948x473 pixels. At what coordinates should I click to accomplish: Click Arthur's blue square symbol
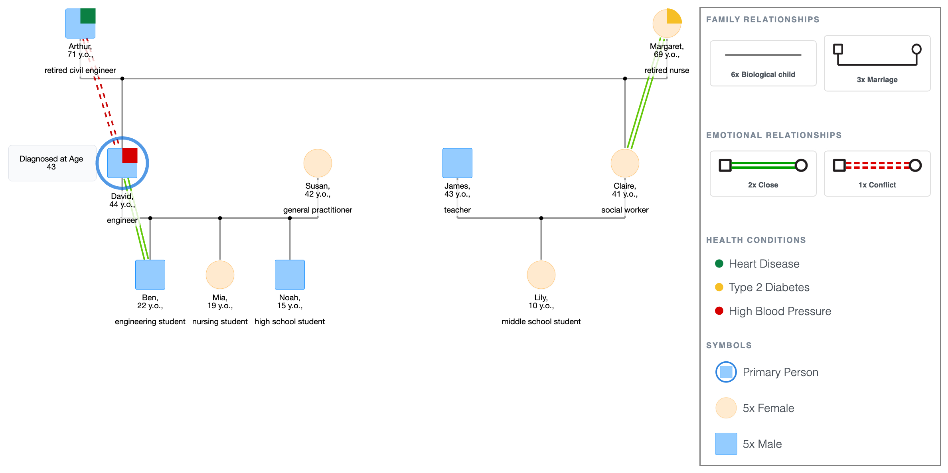pyautogui.click(x=80, y=24)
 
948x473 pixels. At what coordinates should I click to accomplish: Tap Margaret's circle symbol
pyautogui.click(x=667, y=24)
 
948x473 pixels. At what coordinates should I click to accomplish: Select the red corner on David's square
pyautogui.click(x=130, y=156)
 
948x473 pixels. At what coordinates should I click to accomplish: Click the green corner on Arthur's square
pyautogui.click(x=88, y=16)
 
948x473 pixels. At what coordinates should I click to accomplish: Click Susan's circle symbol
pyautogui.click(x=318, y=163)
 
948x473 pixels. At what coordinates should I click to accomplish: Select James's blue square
pyautogui.click(x=457, y=163)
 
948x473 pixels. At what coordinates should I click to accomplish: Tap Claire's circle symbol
pyautogui.click(x=625, y=163)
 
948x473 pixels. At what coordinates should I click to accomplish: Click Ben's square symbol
pyautogui.click(x=150, y=275)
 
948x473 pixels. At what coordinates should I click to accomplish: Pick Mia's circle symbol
pyautogui.click(x=220, y=275)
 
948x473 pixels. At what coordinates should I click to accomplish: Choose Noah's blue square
pyautogui.click(x=290, y=275)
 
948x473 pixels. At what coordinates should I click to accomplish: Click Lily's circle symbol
pyautogui.click(x=541, y=275)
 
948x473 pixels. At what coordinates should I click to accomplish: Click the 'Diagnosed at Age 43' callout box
pyautogui.click(x=52, y=163)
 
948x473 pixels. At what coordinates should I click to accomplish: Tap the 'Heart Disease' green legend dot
pyautogui.click(x=719, y=264)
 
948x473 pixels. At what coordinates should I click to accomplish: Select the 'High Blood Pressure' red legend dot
pyautogui.click(x=719, y=311)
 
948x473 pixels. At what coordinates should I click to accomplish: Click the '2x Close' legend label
pyautogui.click(x=763, y=185)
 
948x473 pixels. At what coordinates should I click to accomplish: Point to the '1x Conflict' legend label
pyautogui.click(x=877, y=185)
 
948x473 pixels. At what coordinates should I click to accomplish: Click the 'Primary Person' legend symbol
pyautogui.click(x=726, y=372)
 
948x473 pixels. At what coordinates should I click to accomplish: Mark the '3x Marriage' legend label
pyautogui.click(x=877, y=80)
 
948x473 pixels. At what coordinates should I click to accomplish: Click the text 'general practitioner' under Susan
pyautogui.click(x=318, y=210)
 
